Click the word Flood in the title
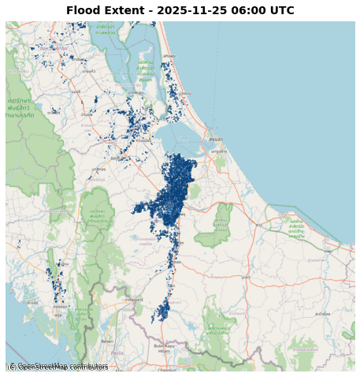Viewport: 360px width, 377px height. [83, 11]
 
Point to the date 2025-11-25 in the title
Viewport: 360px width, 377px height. [189, 11]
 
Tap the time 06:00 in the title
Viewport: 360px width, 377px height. [248, 11]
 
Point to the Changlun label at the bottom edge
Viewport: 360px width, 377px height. [167, 369]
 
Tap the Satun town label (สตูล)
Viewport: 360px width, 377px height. [57, 315]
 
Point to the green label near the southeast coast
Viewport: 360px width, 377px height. [296, 230]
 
